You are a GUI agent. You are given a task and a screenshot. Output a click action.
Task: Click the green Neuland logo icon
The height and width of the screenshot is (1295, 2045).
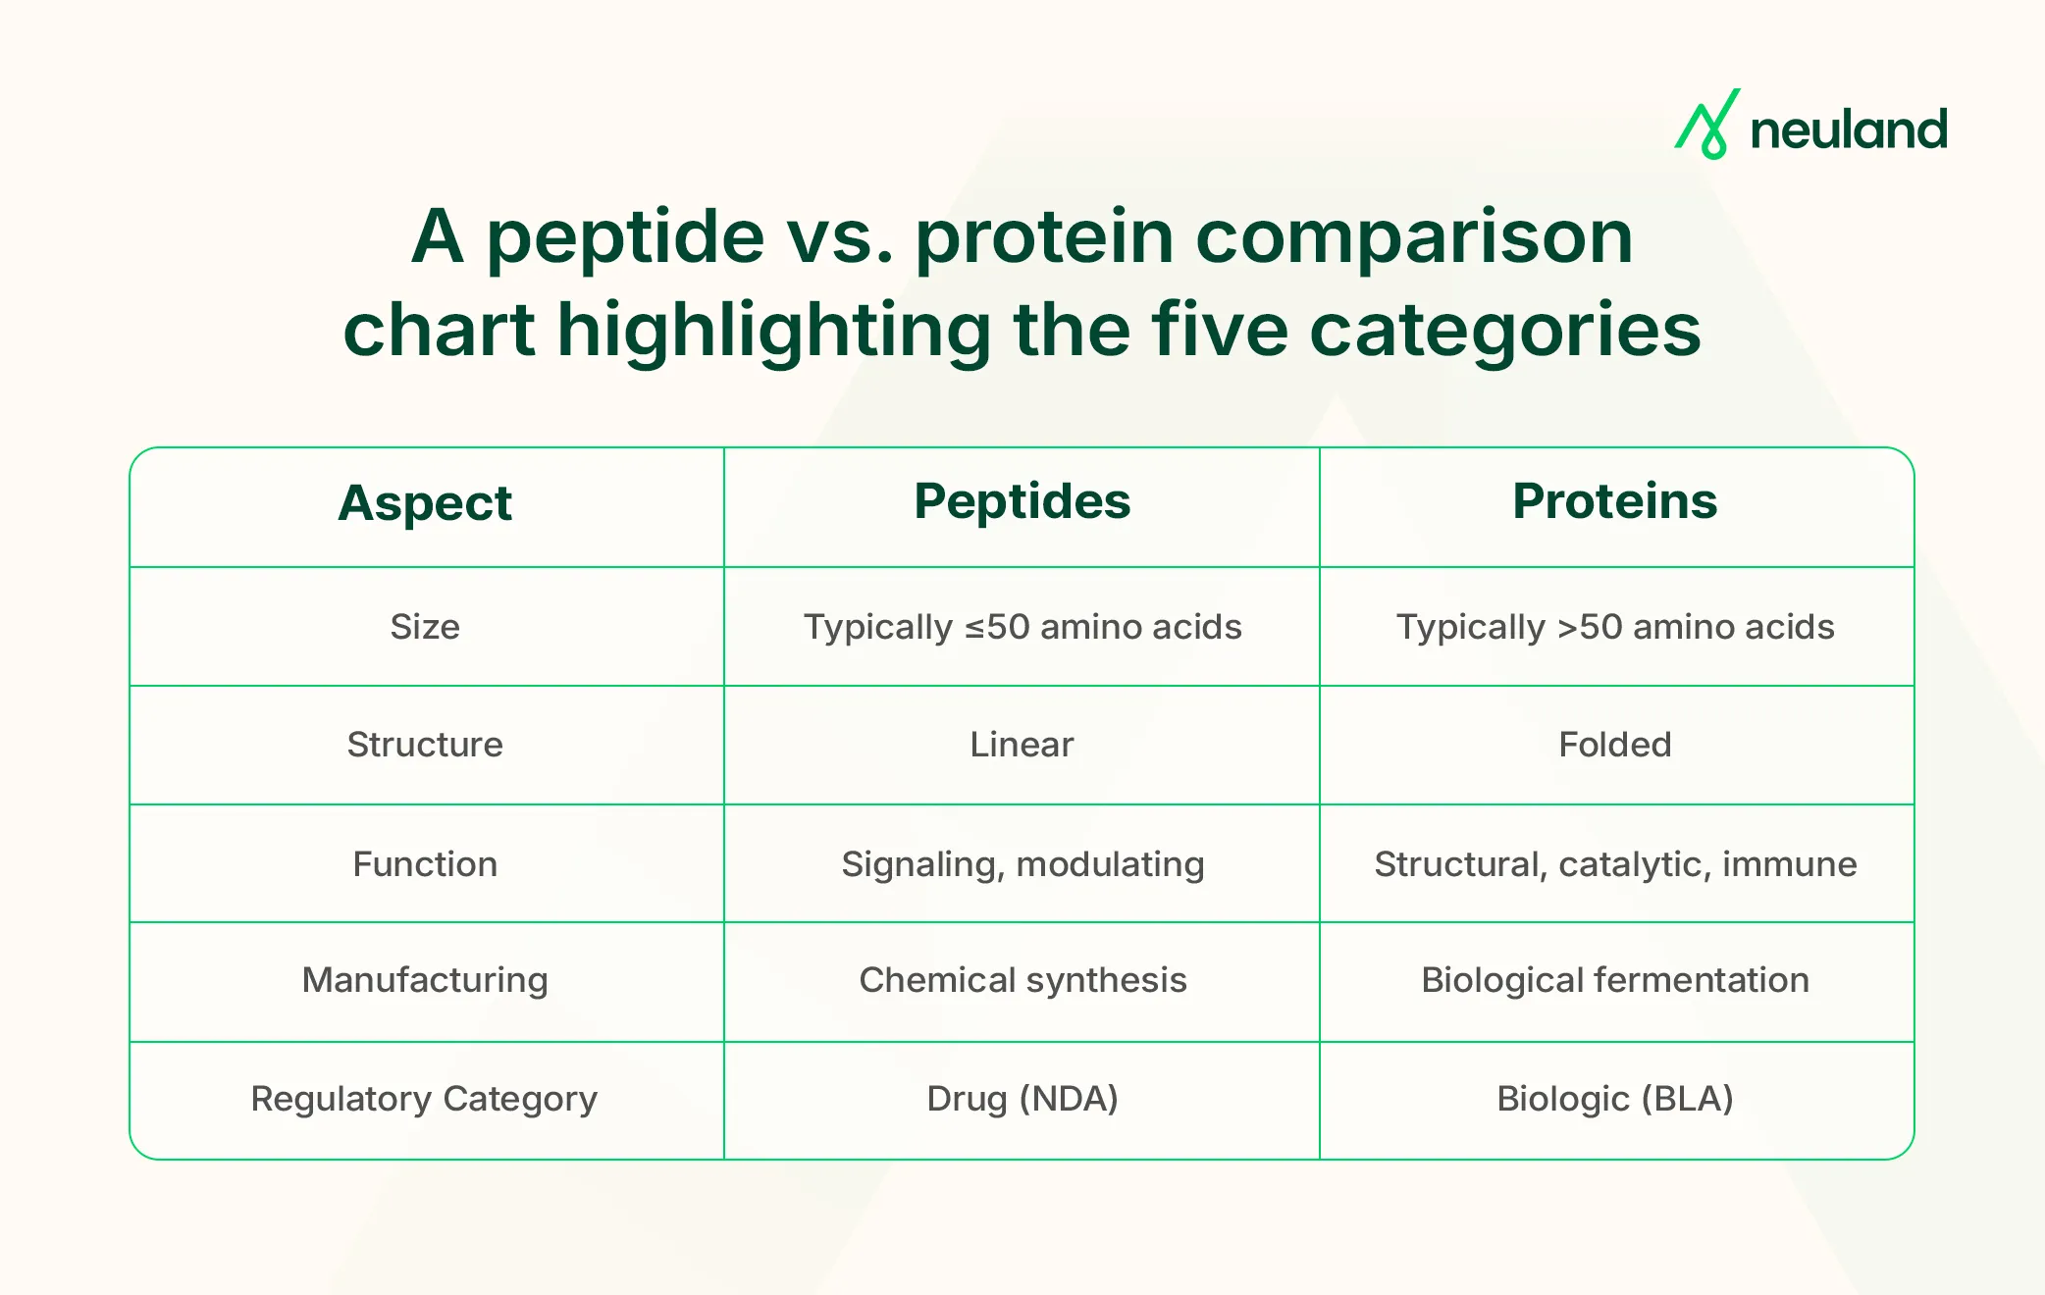pos(1706,126)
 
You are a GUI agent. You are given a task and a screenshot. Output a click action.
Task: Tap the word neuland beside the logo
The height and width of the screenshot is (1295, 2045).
pos(1849,130)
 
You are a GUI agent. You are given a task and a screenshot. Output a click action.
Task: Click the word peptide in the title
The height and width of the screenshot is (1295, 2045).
pos(625,237)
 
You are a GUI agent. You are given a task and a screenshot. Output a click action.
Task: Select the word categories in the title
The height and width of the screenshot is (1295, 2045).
pos(1504,330)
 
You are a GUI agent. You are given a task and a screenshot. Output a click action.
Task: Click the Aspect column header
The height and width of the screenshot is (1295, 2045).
pos(425,504)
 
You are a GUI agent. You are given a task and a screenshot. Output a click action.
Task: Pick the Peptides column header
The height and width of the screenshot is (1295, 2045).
pos(1022,502)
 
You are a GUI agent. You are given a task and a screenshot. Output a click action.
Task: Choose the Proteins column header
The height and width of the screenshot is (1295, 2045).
pos(1614,502)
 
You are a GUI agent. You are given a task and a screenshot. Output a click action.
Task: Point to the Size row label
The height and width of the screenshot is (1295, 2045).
pos(425,627)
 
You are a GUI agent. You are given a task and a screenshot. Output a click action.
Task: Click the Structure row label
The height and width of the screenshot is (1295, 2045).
pos(425,745)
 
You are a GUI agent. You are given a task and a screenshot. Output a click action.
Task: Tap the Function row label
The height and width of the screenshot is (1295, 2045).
pos(425,864)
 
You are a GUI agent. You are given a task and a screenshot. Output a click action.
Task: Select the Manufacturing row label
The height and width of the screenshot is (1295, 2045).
pos(425,980)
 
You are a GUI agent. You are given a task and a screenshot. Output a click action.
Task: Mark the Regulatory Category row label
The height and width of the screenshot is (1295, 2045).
pos(424,1099)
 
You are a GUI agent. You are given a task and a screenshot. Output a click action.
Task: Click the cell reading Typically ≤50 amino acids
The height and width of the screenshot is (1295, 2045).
pos(1022,627)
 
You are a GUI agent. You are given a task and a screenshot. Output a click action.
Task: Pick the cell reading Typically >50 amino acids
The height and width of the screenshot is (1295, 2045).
pos(1615,627)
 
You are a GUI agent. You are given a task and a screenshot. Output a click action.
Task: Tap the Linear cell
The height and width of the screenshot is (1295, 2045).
pos(1022,745)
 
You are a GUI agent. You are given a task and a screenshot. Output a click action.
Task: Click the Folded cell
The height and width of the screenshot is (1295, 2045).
pos(1615,745)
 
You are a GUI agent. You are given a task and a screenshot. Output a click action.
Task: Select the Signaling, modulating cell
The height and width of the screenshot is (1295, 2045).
pos(1022,864)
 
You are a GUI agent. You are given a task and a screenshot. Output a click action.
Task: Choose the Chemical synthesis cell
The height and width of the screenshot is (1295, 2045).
pos(1022,980)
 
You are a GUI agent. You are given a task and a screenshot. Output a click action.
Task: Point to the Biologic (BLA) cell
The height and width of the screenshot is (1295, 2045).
pos(1615,1099)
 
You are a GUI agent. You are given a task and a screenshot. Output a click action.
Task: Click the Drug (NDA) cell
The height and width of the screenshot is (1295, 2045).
pos(1022,1099)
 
